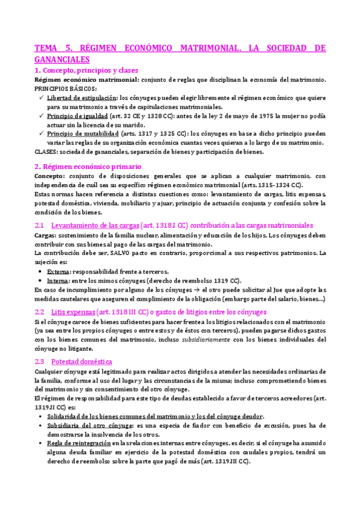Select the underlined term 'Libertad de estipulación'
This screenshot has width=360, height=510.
click(x=82, y=97)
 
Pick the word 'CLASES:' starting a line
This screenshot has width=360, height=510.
click(x=46, y=152)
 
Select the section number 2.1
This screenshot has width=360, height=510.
click(x=40, y=225)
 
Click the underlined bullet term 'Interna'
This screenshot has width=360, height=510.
click(x=57, y=280)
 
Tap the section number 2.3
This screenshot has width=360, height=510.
click(x=40, y=361)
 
